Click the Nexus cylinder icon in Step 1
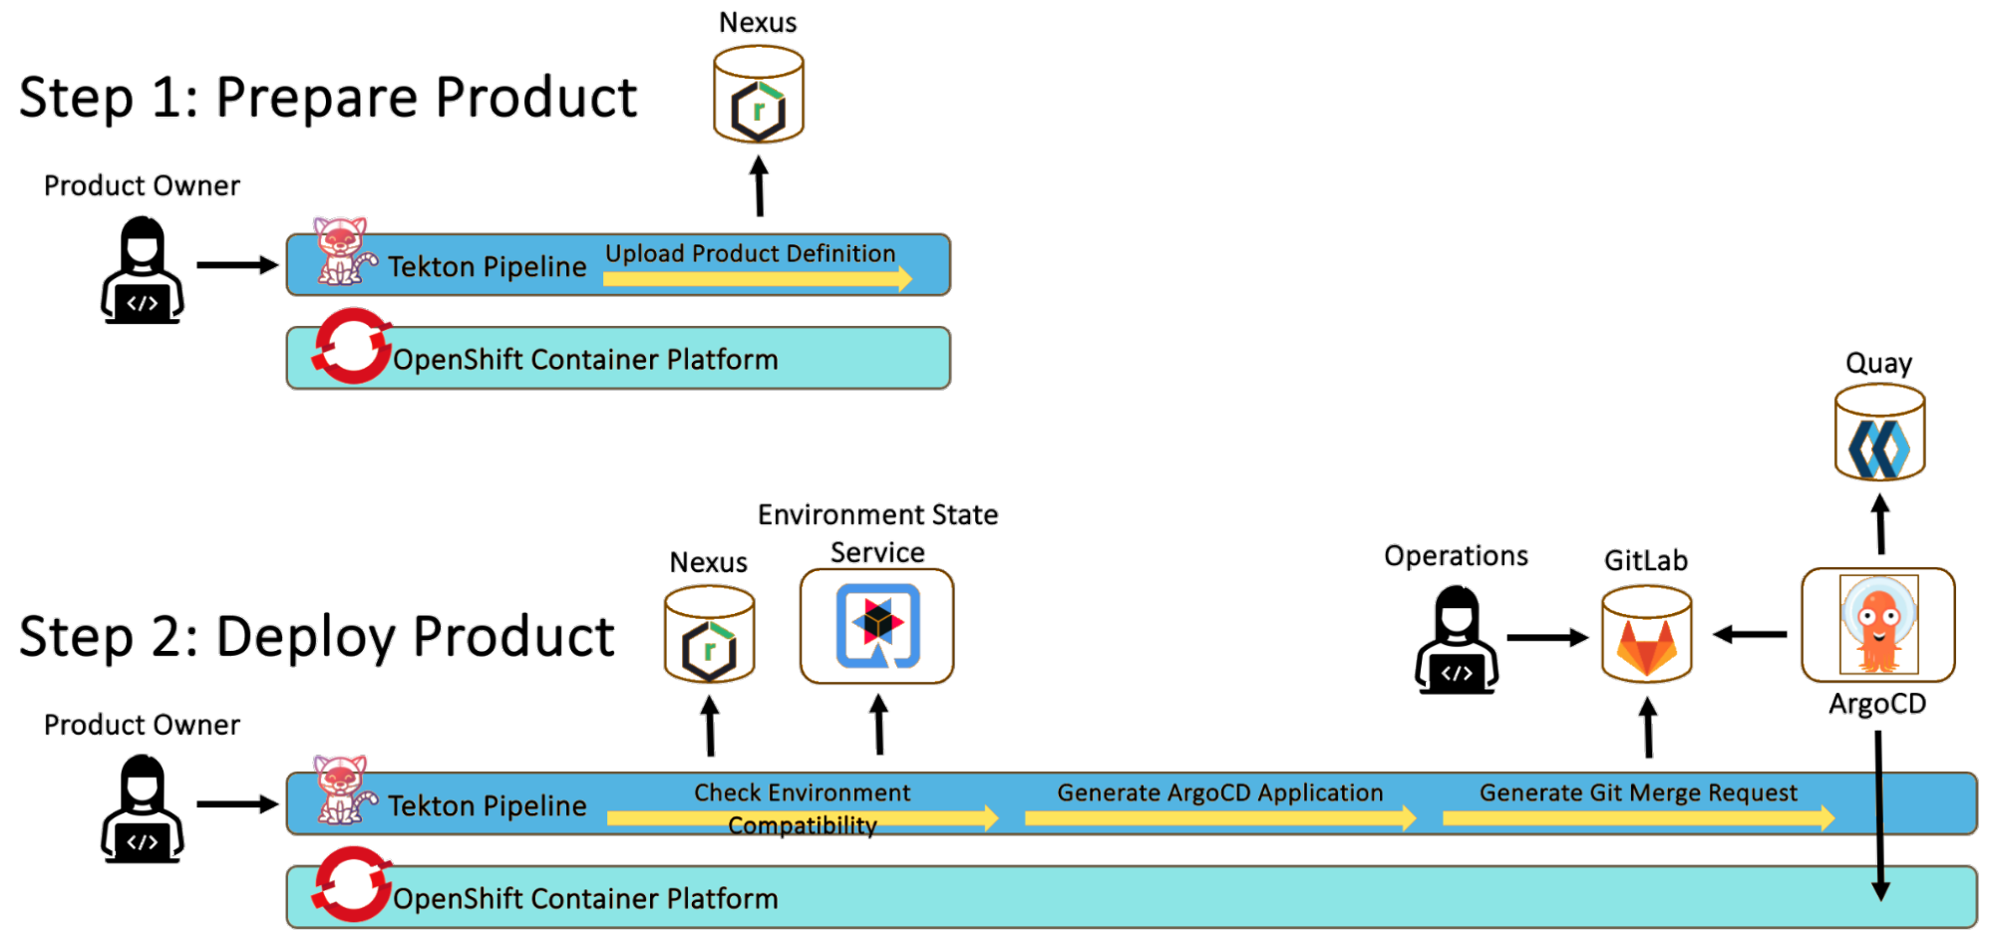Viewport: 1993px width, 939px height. [759, 96]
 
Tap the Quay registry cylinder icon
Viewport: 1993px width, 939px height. [1879, 434]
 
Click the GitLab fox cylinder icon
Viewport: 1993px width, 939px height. [1646, 635]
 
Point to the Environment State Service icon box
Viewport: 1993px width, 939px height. [876, 626]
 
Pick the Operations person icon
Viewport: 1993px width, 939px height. [1456, 638]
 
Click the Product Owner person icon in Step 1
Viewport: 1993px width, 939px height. [143, 270]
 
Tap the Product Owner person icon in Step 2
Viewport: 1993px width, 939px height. [143, 808]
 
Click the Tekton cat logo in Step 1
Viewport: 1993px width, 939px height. [342, 251]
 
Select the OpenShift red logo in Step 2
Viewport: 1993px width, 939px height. [351, 884]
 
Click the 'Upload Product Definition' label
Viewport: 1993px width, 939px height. [750, 253]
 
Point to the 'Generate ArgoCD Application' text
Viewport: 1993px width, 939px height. [1219, 792]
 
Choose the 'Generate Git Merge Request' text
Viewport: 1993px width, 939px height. [1637, 792]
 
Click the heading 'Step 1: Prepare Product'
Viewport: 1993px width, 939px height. [328, 98]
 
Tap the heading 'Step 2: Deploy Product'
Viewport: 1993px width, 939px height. [317, 637]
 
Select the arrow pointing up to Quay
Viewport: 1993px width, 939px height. [1880, 523]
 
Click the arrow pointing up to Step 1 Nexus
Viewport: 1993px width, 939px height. [759, 184]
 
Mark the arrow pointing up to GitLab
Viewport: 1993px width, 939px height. [1647, 726]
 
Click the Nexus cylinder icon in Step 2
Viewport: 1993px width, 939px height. [709, 635]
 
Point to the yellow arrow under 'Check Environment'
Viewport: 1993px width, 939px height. [803, 818]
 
